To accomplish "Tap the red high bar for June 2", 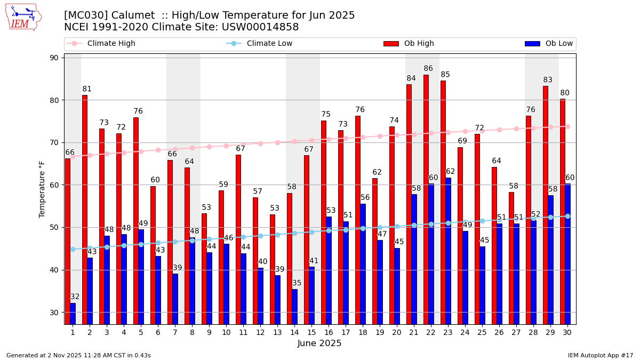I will click(x=85, y=208).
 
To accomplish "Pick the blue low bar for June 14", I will click(x=294, y=307).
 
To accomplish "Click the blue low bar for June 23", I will click(x=448, y=251).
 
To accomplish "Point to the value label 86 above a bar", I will click(x=428, y=69).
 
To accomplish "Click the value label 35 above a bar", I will click(x=297, y=283).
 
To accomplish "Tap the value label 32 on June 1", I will click(x=75, y=297).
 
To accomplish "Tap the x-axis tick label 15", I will click(x=311, y=332).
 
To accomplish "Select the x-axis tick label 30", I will click(x=567, y=332).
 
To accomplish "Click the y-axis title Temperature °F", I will click(x=42, y=189).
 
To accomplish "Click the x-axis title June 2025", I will click(x=319, y=343).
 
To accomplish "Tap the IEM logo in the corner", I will click(x=23, y=17).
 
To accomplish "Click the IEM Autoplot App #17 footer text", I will click(x=600, y=355).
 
